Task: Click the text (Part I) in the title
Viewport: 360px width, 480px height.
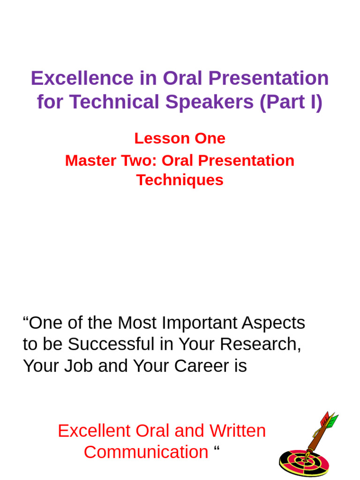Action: tap(291, 102)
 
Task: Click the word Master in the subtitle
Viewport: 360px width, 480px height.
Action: tap(88, 160)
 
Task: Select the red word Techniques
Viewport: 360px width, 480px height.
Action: tap(180, 180)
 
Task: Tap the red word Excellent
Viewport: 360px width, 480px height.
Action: tap(94, 431)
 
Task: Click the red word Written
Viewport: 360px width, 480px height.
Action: tap(237, 431)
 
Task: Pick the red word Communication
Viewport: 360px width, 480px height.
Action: tap(146, 452)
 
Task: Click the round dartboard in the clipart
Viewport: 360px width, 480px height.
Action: tap(304, 463)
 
